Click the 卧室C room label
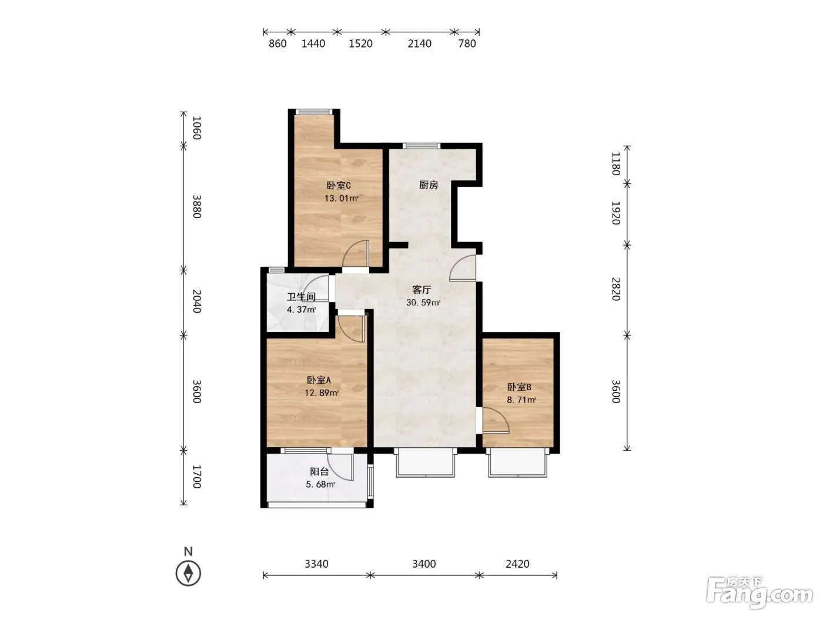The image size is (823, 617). pyautogui.click(x=338, y=186)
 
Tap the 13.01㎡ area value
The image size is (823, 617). pyautogui.click(x=341, y=198)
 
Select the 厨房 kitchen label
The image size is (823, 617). pyautogui.click(x=428, y=185)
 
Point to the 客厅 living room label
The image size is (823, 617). pyautogui.click(x=421, y=290)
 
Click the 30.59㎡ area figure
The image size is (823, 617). pyautogui.click(x=423, y=302)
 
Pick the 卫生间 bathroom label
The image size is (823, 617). pyautogui.click(x=301, y=297)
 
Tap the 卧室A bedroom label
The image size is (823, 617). pyautogui.click(x=319, y=380)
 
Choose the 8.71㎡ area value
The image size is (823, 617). pyautogui.click(x=521, y=400)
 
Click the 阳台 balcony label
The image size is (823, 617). pyautogui.click(x=319, y=472)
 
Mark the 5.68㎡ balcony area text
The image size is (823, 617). pyautogui.click(x=320, y=484)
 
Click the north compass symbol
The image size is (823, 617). pyautogui.click(x=188, y=573)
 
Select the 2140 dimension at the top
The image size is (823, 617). pyautogui.click(x=419, y=43)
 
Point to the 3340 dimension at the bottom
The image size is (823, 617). pyautogui.click(x=316, y=564)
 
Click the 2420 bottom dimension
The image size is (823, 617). pyautogui.click(x=517, y=564)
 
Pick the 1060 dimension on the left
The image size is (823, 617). pyautogui.click(x=197, y=128)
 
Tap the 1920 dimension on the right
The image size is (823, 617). pyautogui.click(x=616, y=213)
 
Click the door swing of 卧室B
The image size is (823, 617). pyautogui.click(x=495, y=420)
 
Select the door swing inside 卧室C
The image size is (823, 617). pyautogui.click(x=356, y=253)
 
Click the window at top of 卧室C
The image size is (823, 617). pyautogui.click(x=314, y=112)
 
